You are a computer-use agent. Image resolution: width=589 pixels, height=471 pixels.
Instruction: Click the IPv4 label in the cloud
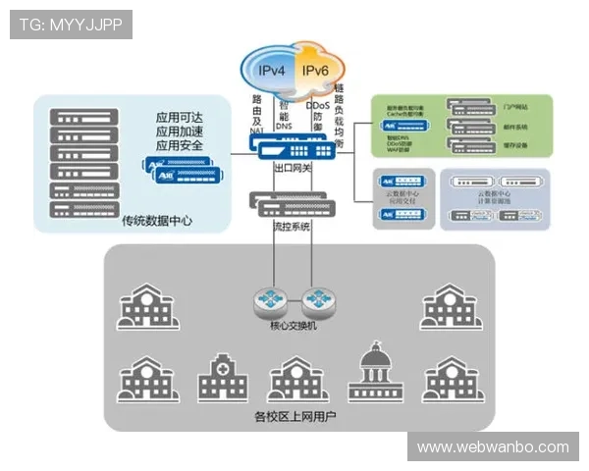pos(272,71)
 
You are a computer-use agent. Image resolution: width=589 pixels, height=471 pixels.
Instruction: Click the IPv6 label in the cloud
pos(316,71)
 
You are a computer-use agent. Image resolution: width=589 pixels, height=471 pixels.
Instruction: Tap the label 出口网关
pos(292,169)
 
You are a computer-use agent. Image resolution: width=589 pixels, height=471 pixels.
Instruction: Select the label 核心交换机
pos(294,326)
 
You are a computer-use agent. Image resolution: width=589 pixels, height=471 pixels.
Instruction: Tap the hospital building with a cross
pos(223,378)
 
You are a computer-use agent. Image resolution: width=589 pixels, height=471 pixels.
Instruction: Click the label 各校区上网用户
pos(294,417)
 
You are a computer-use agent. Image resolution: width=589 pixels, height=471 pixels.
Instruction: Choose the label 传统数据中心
pos(157,221)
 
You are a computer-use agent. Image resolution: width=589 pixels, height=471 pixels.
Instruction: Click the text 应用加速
pos(180,131)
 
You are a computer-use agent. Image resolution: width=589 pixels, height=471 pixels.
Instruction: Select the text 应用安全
pos(180,146)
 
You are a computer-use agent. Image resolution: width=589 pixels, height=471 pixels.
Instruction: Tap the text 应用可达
pos(180,115)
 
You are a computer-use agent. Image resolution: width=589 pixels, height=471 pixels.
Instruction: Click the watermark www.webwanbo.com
pos(493,447)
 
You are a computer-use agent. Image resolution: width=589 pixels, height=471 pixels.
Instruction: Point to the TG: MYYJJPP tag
pos(71,25)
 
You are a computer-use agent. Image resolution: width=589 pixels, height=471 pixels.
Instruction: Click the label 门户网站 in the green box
pos(515,106)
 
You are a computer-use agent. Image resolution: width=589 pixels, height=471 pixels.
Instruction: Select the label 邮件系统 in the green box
pos(515,127)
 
